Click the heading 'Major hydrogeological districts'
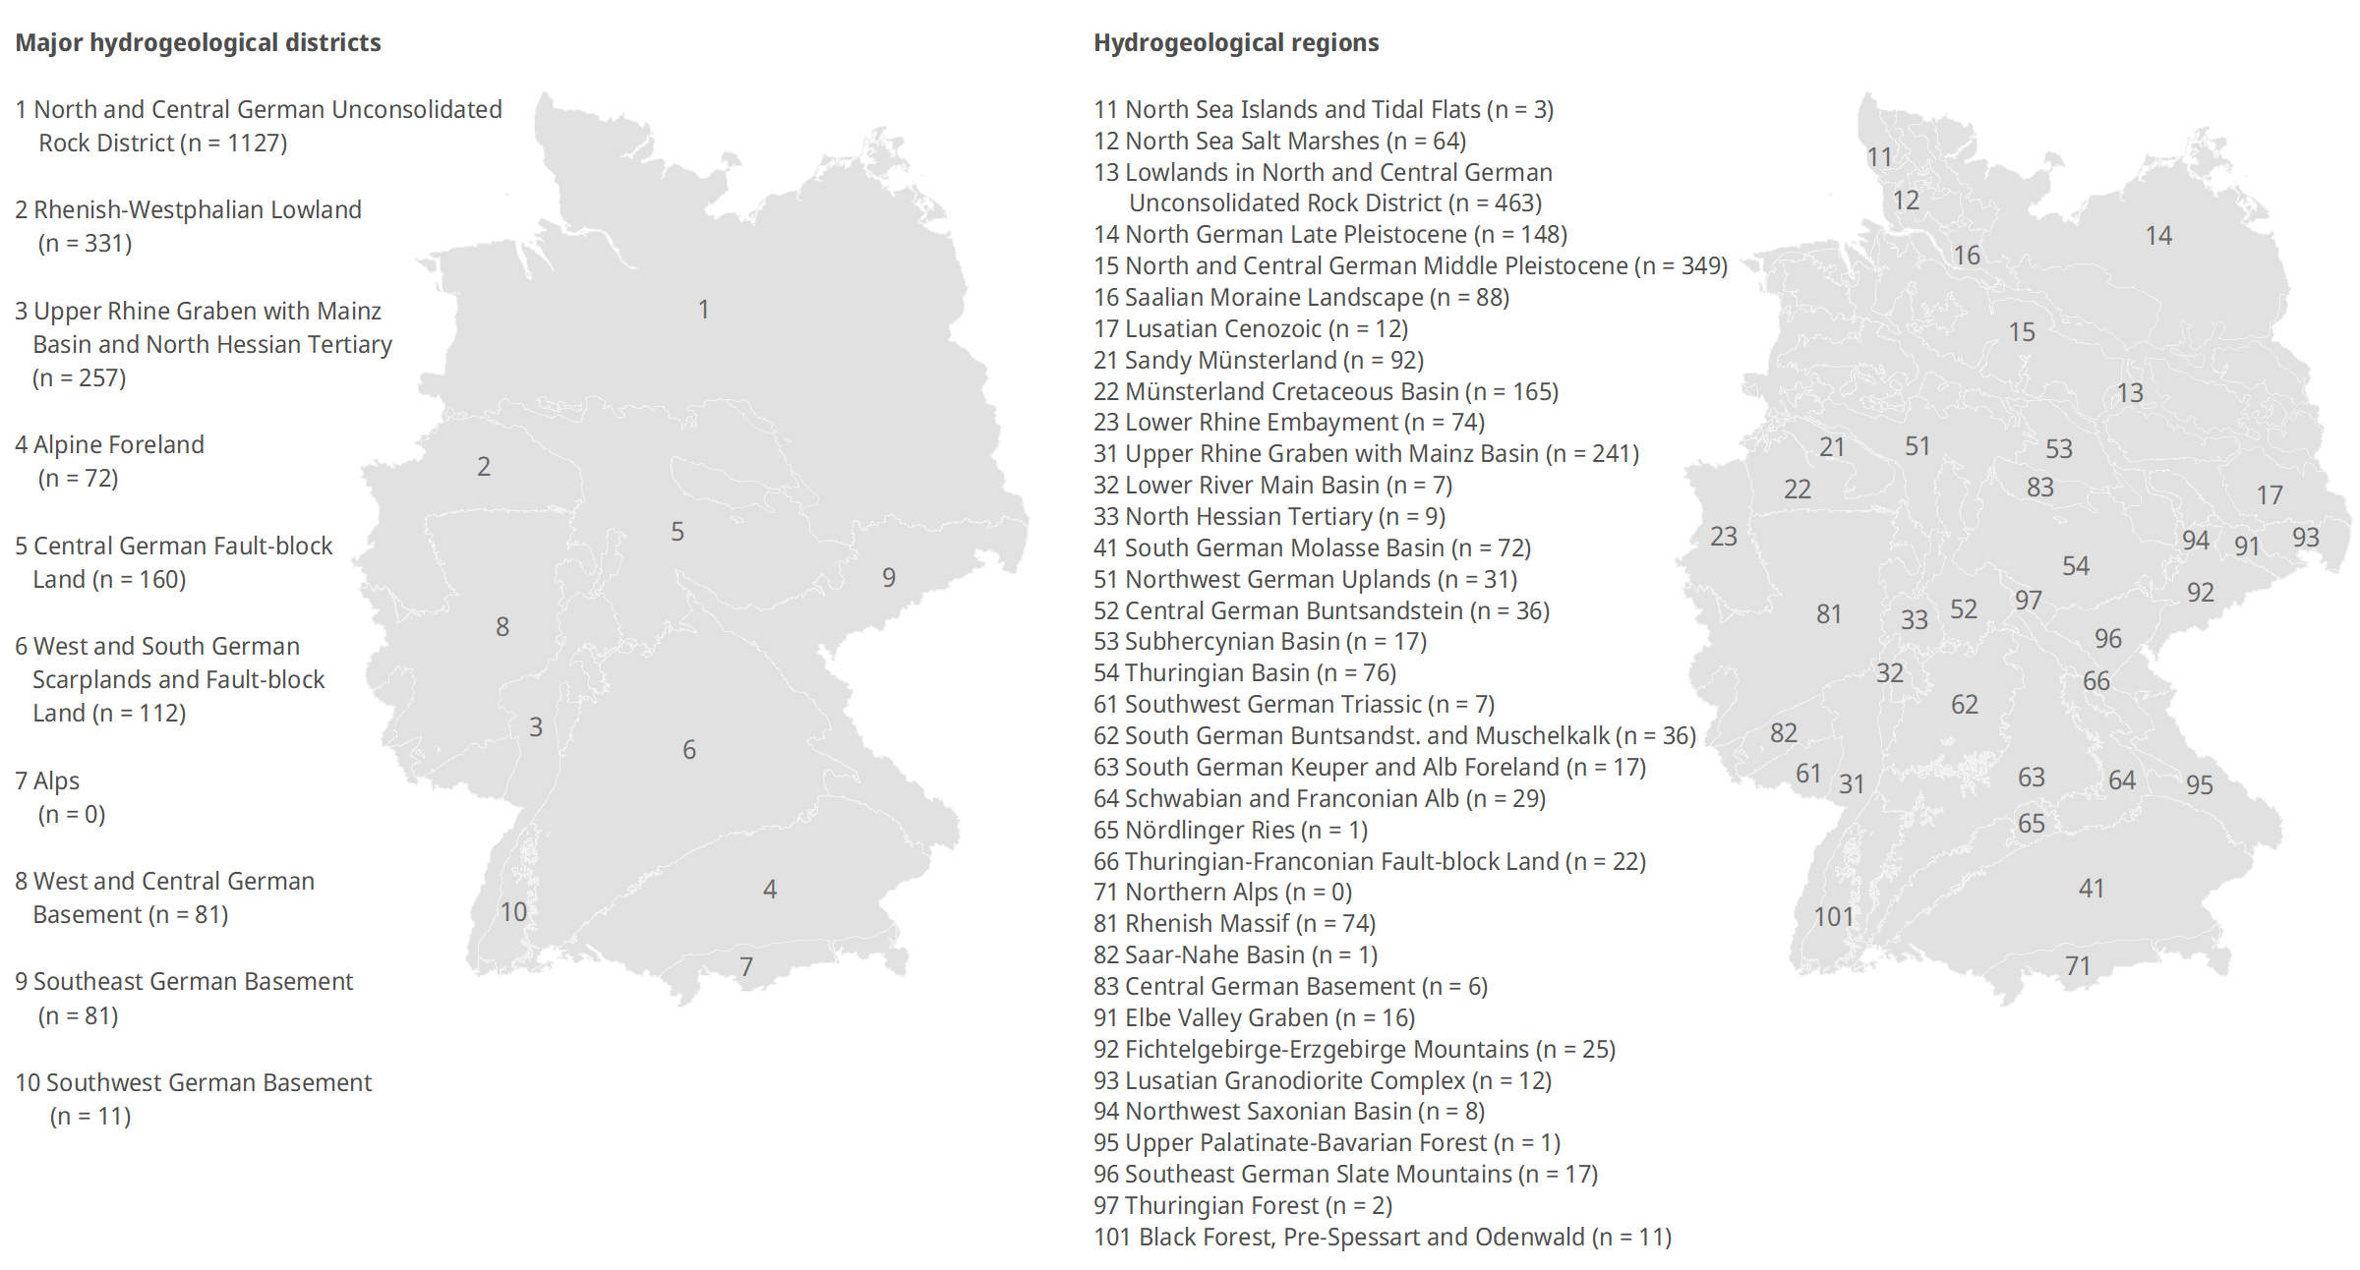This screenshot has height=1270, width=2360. (x=198, y=43)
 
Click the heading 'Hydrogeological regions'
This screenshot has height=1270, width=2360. (x=1236, y=43)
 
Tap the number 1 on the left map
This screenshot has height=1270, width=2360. (x=704, y=310)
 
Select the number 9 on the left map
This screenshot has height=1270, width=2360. (x=889, y=578)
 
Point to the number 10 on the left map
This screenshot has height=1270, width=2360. (x=513, y=912)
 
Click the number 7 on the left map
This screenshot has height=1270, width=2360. (x=746, y=967)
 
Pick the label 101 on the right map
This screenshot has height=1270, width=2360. (x=1834, y=917)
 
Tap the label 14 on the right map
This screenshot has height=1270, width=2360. (x=2158, y=236)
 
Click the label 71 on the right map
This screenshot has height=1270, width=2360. (x=2078, y=966)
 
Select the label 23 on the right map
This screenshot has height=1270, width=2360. (x=1724, y=537)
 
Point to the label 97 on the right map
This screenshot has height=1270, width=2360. (x=2029, y=601)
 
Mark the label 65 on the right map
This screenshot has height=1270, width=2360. (x=2032, y=824)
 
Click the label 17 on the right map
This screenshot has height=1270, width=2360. (x=2270, y=495)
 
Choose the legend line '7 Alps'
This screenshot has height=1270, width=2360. (x=47, y=781)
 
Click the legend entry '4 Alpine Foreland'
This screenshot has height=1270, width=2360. (x=109, y=445)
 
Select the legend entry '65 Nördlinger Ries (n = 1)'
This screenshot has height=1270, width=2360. (x=1230, y=831)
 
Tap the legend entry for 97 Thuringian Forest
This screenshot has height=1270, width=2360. (x=1243, y=1206)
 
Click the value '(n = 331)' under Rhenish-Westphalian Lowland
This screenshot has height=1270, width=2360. (x=85, y=244)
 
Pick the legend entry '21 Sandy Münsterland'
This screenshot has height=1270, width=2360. (x=1259, y=361)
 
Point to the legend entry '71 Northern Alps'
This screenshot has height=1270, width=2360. (x=1222, y=893)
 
